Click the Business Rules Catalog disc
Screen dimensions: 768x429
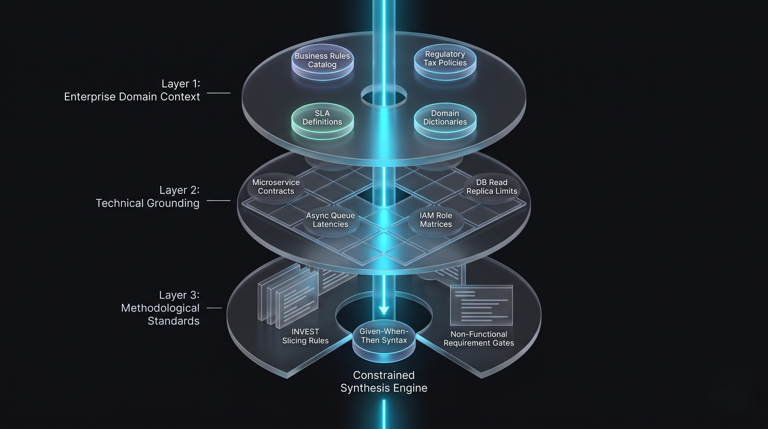[322, 62]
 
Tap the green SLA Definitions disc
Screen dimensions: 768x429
[322, 121]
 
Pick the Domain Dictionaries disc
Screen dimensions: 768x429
[445, 121]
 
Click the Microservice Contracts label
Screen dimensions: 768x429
[276, 187]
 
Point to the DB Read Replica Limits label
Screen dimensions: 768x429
[492, 187]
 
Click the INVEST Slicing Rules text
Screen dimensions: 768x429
[305, 336]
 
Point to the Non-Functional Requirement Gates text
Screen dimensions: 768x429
[479, 339]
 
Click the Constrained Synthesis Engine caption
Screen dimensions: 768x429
[384, 382]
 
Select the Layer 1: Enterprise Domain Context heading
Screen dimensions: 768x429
[132, 90]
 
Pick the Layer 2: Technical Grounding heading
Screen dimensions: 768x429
[148, 197]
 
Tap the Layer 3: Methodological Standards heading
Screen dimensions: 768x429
[160, 308]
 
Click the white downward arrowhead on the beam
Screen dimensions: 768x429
[384, 311]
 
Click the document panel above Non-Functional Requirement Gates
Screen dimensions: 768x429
[481, 305]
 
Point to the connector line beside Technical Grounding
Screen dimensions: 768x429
[219, 201]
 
